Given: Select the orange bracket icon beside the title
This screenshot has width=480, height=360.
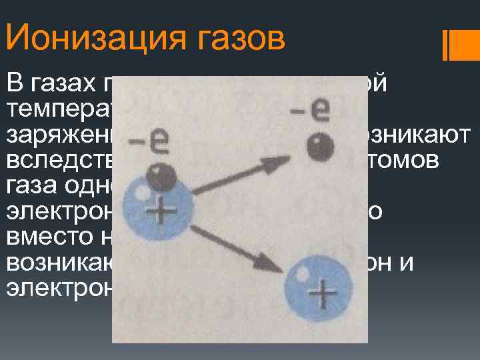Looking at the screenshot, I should pyautogui.click(x=456, y=45).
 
